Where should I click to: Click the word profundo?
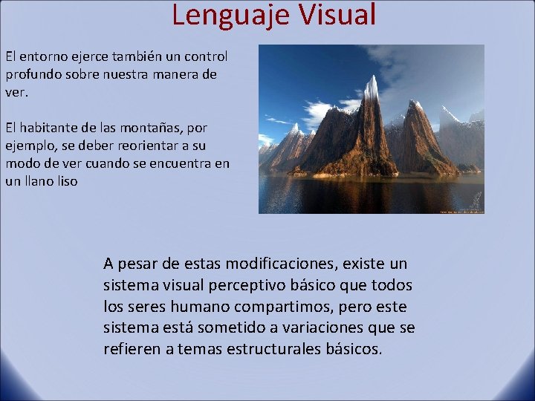click(33, 75)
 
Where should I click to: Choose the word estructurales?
click(275, 349)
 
